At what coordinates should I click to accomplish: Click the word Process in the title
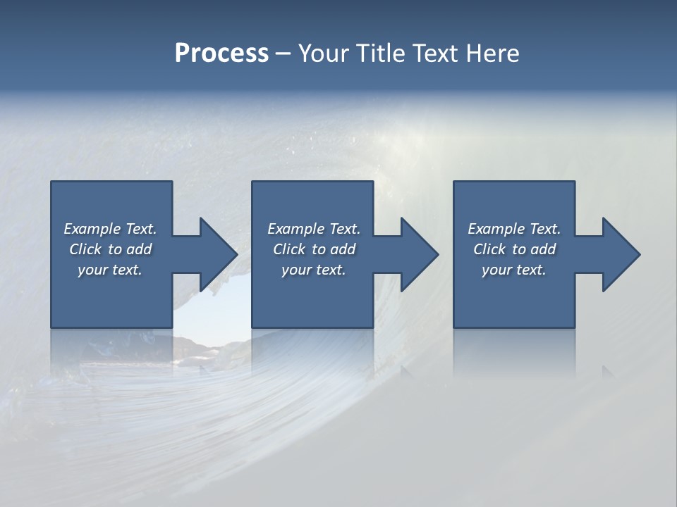(221, 54)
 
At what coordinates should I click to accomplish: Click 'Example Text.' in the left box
(110, 229)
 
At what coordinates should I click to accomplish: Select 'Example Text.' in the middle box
(314, 229)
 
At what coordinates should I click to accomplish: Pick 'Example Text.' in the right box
(514, 229)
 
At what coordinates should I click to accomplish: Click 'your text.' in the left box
(110, 270)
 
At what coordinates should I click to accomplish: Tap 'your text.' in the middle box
(314, 270)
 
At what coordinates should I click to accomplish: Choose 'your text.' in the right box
(514, 270)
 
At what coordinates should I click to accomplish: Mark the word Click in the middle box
(290, 249)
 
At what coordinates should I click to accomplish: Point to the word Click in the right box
(490, 249)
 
